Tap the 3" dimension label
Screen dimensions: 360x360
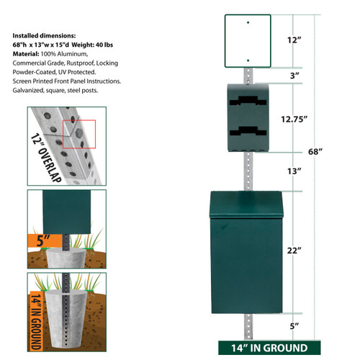[x=294, y=75]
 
